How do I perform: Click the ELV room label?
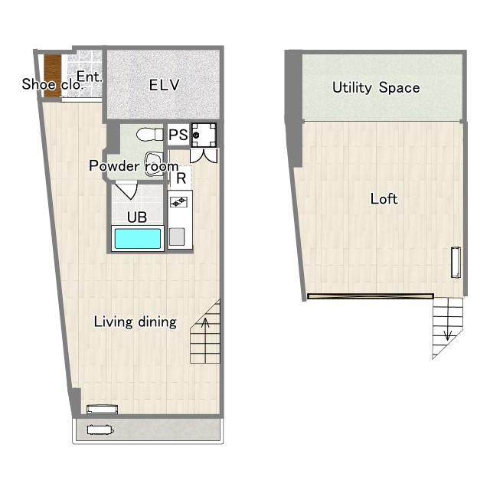click(x=164, y=85)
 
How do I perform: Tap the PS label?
click(x=178, y=135)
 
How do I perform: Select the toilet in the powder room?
click(x=150, y=135)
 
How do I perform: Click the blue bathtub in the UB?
click(x=138, y=239)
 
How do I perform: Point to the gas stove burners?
click(x=178, y=202)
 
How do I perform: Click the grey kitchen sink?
click(x=177, y=237)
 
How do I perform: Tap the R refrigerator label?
click(x=181, y=178)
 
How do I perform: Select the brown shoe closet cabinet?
click(x=52, y=76)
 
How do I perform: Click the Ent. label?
click(x=90, y=77)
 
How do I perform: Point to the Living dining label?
click(x=136, y=322)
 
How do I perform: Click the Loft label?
click(x=384, y=199)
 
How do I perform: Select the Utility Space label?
click(x=376, y=87)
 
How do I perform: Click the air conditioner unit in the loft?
click(x=456, y=262)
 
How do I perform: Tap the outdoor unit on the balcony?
click(x=100, y=430)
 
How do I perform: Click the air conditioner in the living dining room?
click(x=102, y=409)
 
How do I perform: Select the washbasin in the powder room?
click(x=154, y=164)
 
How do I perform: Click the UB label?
click(x=137, y=217)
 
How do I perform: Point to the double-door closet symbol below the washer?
click(x=204, y=155)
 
